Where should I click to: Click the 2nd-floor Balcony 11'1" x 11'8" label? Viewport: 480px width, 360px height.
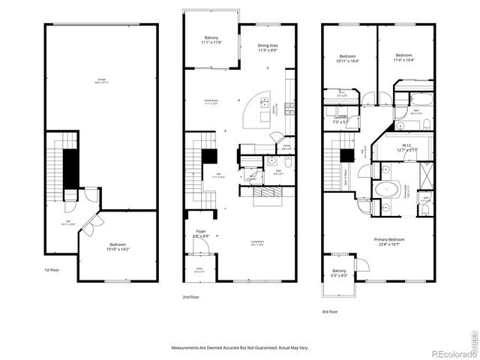pyautogui.click(x=211, y=40)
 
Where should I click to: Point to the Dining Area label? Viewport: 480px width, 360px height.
pyautogui.click(x=268, y=46)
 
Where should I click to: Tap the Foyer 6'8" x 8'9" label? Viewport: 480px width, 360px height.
pyautogui.click(x=200, y=235)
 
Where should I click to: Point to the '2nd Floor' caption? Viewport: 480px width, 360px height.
pyautogui.click(x=190, y=297)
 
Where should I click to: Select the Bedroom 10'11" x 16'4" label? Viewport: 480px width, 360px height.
pyautogui.click(x=347, y=58)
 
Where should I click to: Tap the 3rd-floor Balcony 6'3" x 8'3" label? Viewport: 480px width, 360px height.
pyautogui.click(x=339, y=273)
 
